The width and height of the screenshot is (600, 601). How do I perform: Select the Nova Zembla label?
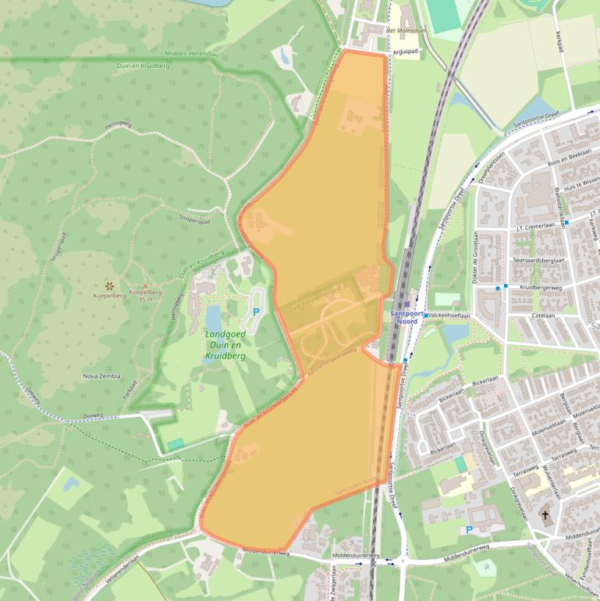(101, 375)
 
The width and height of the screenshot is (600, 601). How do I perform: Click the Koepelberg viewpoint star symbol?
(109, 286)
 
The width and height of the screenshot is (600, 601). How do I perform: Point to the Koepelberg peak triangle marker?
(144, 286)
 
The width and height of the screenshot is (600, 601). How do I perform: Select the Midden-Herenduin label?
(188, 53)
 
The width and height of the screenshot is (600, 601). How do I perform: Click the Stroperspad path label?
(194, 221)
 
